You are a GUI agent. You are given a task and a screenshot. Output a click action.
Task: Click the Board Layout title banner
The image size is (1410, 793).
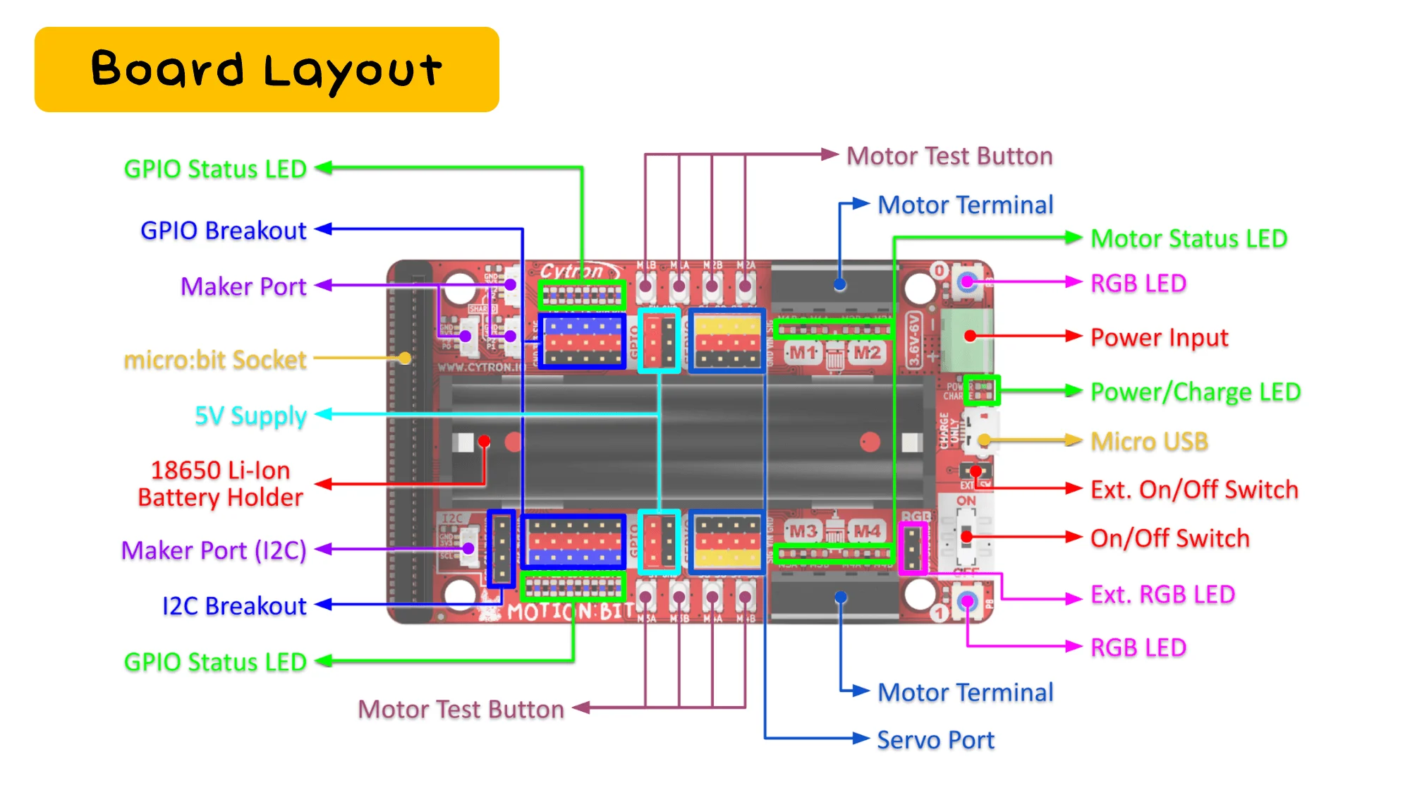pos(267,69)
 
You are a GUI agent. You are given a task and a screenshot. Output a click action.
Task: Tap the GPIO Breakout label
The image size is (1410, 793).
pos(223,231)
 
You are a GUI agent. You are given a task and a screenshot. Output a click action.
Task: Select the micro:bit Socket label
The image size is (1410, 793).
pos(215,360)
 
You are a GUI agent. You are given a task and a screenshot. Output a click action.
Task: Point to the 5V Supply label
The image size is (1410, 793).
pos(250,416)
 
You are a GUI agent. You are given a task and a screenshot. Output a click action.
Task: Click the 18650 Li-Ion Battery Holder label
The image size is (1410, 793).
pos(220,484)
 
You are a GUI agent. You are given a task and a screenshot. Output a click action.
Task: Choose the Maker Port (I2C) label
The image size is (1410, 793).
pos(214,550)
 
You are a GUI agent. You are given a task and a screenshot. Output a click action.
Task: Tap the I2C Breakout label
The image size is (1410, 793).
pos(234,606)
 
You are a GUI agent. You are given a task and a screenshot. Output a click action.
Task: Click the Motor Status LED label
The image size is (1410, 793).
pos(1189,238)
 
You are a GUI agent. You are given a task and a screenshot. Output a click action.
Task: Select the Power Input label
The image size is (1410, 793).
pos(1159,337)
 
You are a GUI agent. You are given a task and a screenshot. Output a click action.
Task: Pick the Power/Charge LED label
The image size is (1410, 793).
pos(1195,392)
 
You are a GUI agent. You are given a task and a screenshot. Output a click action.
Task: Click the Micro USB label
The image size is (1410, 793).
pos(1149,442)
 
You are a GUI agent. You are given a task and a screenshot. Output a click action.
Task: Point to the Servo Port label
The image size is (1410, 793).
pos(935,740)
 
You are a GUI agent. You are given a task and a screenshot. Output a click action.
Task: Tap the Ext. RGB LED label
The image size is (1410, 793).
pos(1162,595)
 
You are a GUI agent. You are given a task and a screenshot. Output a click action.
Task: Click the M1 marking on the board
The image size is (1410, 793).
pos(803,352)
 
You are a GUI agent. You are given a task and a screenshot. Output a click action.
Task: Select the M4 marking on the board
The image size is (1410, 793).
pos(867,531)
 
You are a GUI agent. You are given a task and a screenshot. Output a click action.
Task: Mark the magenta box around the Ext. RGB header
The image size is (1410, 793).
pos(913,549)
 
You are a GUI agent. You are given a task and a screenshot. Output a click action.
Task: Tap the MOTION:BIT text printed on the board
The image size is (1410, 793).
pos(570,612)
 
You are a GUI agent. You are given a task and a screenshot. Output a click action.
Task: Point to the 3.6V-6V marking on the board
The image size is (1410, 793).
pos(913,340)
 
